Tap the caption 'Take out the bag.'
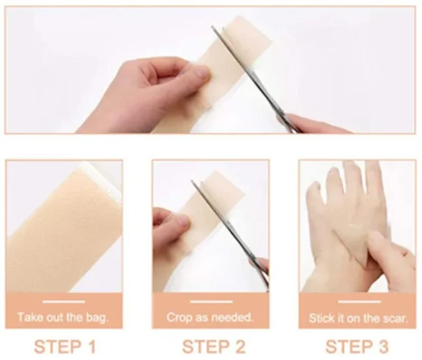click(x=64, y=317)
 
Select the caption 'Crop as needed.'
click(x=210, y=317)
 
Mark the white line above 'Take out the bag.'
click(x=64, y=301)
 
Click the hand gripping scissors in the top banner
click(x=316, y=123)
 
